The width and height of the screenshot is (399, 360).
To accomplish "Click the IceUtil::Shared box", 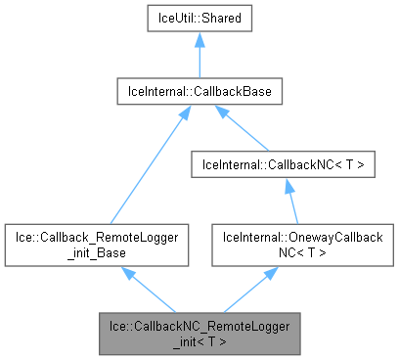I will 199,18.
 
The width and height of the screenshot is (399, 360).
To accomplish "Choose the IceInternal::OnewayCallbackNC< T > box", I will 295,245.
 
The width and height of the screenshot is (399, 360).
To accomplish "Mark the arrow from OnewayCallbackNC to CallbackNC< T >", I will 289,202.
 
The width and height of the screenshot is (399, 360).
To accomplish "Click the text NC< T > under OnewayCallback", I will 295,252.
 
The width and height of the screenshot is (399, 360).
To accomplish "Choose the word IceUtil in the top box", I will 176,18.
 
